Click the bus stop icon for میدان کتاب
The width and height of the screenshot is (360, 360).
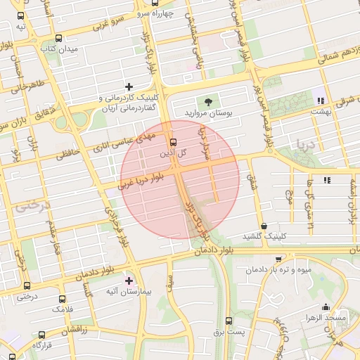pyautogui.click(x=58, y=39)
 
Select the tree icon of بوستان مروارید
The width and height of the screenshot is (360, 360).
pyautogui.click(x=208, y=102)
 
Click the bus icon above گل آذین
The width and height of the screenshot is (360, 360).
pyautogui.click(x=173, y=142)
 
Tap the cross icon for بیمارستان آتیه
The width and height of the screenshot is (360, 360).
pyautogui.click(x=129, y=280)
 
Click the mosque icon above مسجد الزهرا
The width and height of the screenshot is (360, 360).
pyautogui.click(x=325, y=307)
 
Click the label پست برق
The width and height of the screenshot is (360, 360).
pyautogui.click(x=229, y=330)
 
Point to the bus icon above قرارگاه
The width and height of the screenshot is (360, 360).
pyautogui.click(x=41, y=335)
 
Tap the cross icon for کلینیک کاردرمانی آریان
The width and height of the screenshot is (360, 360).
pyautogui.click(x=129, y=86)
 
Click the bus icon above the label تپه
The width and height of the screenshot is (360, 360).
pyautogui.click(x=21, y=16)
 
